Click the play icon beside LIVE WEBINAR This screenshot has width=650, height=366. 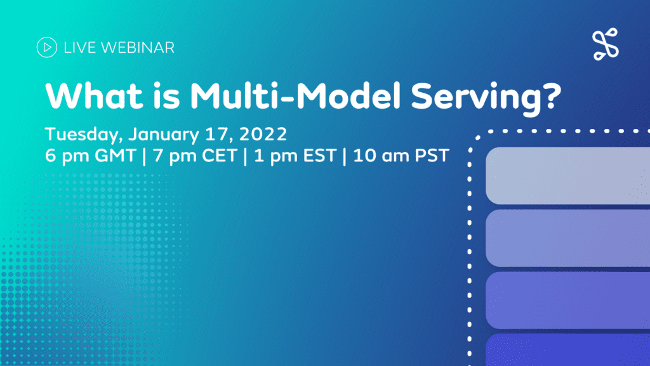tap(47, 47)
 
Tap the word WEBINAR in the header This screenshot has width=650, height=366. tap(138, 48)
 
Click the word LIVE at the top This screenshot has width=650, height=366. tap(80, 48)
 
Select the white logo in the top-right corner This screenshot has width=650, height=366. tap(606, 44)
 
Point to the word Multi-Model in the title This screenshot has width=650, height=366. tap(296, 95)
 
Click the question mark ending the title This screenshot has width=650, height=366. tap(552, 95)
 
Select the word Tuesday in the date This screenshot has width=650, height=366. tap(84, 135)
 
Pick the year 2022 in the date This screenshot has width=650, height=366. tap(263, 134)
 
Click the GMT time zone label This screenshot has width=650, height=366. tap(116, 156)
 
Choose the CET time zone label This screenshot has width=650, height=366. tap(219, 156)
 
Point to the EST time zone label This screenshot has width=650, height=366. tap(320, 156)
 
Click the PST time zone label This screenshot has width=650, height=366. tap(432, 156)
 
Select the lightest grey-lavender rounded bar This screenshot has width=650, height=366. tap(568, 175)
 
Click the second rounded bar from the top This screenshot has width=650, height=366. tap(568, 238)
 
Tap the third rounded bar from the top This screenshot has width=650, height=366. tap(568, 300)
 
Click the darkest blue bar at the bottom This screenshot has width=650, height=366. tap(568, 350)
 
